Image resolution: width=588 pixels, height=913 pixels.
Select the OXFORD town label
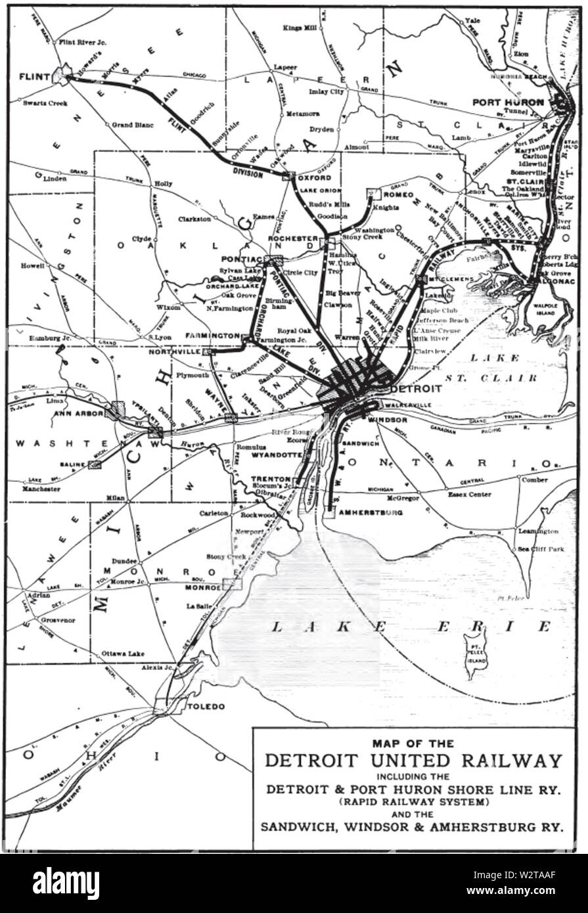(310, 177)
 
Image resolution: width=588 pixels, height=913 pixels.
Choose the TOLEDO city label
(206, 707)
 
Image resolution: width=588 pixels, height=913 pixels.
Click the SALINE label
(73, 464)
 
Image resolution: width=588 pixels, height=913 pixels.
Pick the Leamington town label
(538, 531)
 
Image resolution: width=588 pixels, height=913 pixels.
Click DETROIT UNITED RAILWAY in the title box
(414, 761)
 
